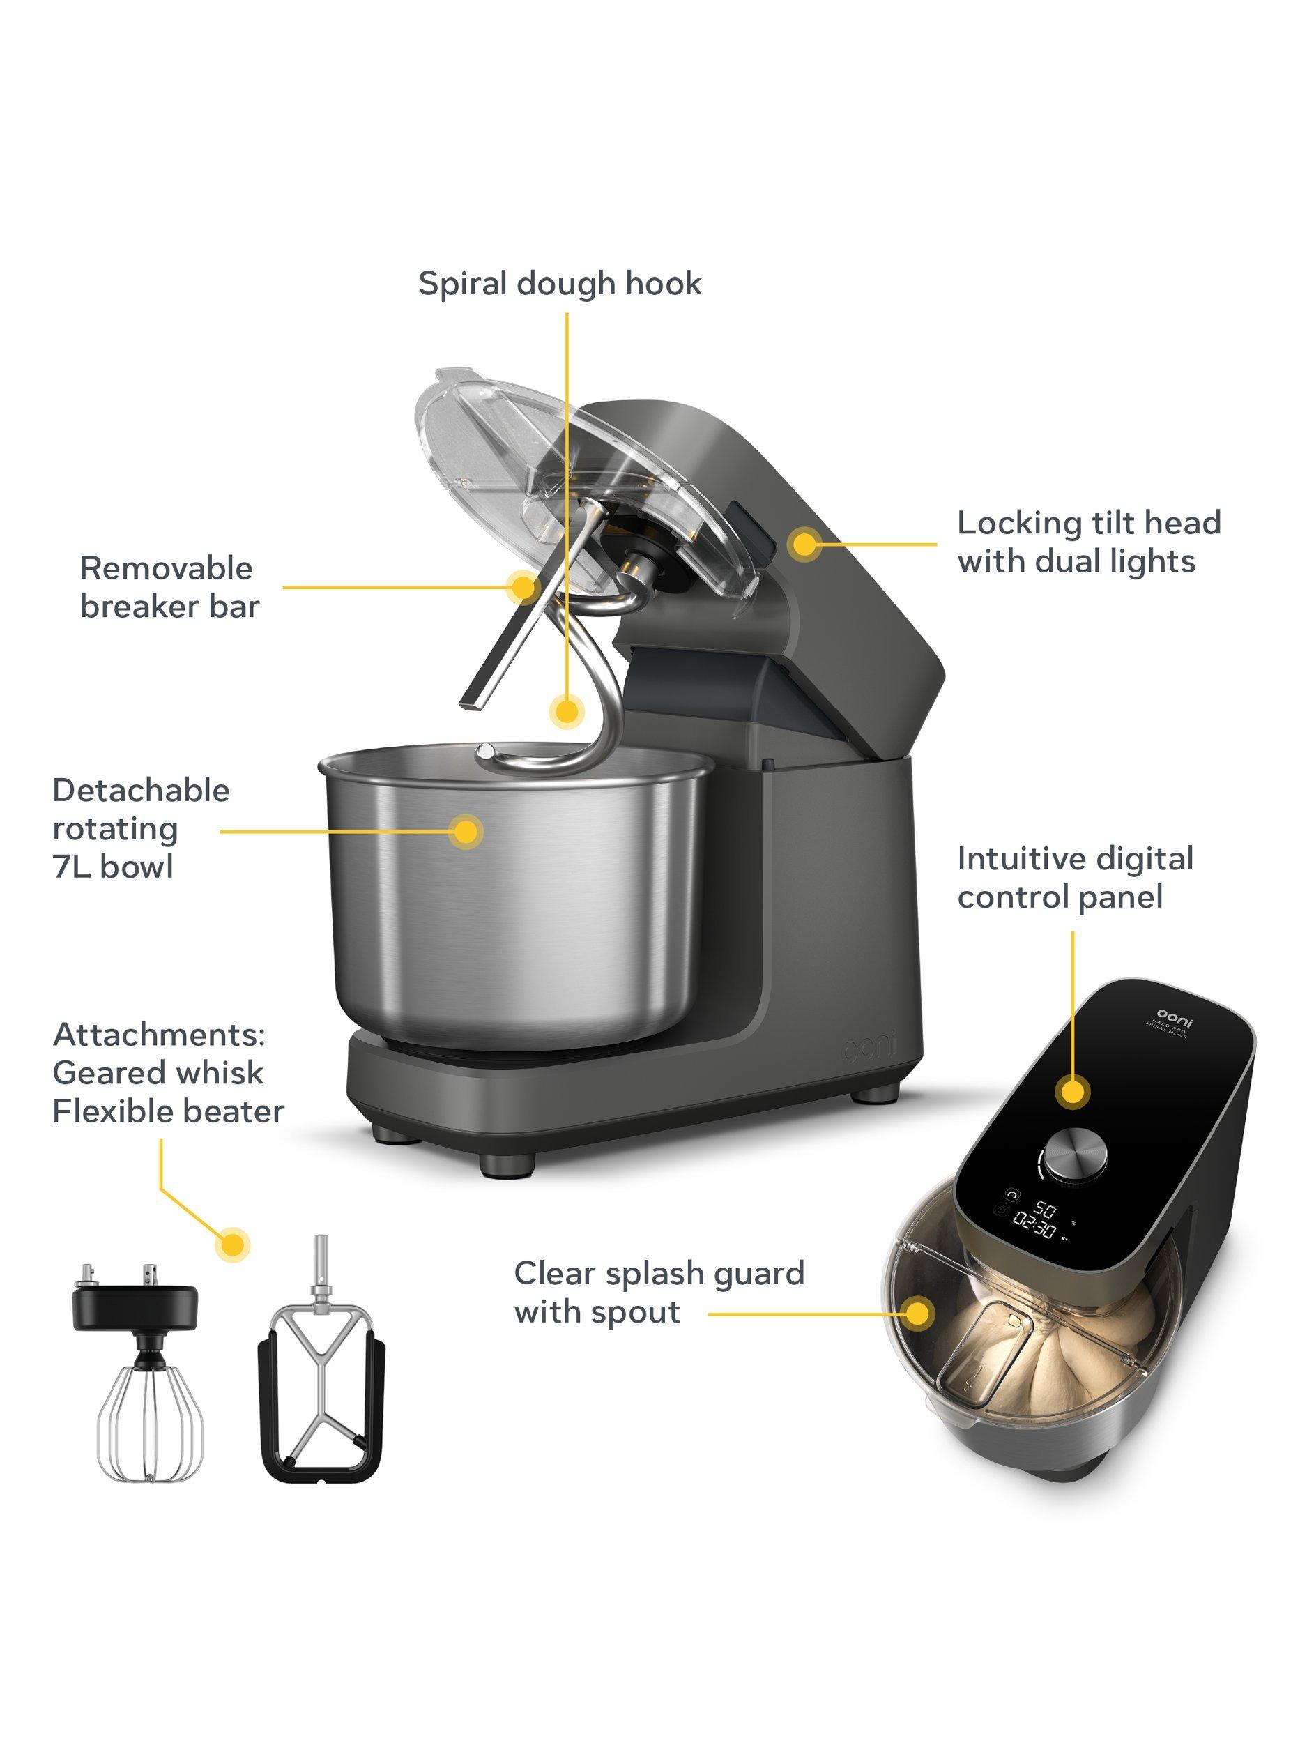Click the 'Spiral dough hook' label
pos(559,284)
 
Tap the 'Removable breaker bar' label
pos(169,587)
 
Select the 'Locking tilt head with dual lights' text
pos(1089,542)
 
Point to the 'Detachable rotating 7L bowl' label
pos(140,828)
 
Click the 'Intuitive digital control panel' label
pos(1075,878)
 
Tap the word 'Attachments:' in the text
pos(158,1035)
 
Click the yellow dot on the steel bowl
pos(466,830)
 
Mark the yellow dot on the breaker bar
pos(521,586)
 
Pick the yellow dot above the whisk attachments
pos(232,1245)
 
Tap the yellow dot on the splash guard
pos(917,1314)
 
